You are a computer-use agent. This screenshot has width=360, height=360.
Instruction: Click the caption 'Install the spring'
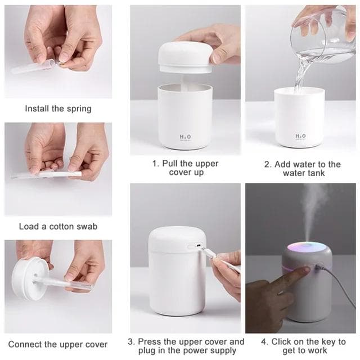(x=58, y=109)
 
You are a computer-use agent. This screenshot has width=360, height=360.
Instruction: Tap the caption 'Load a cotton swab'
(x=58, y=226)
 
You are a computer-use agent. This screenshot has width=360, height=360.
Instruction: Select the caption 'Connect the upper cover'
(x=58, y=344)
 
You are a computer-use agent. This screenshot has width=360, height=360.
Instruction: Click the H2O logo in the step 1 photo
(x=185, y=137)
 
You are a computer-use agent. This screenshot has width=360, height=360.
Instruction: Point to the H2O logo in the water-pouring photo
(x=300, y=136)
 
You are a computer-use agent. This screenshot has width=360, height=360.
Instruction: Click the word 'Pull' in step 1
(x=172, y=164)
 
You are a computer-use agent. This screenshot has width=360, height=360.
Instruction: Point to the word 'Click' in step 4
(x=282, y=341)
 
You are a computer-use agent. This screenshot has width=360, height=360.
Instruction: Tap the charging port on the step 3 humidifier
(x=196, y=246)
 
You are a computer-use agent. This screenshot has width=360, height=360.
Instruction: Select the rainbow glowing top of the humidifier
(x=307, y=247)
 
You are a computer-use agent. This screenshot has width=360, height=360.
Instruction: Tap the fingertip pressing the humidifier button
(x=304, y=272)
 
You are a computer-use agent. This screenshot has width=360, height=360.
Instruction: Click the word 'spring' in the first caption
(x=78, y=109)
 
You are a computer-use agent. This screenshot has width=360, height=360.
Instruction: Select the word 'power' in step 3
(x=197, y=351)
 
